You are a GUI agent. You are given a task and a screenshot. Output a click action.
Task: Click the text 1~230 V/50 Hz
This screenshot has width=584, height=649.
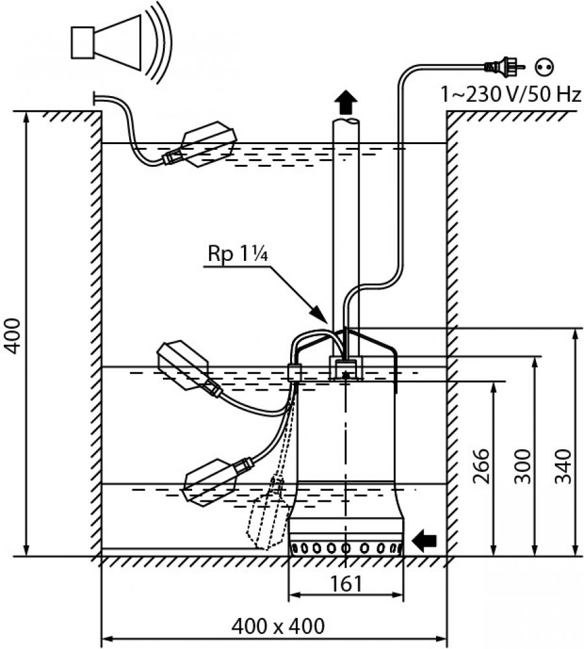511,95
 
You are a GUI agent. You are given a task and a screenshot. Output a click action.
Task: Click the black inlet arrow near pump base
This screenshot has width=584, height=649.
425,539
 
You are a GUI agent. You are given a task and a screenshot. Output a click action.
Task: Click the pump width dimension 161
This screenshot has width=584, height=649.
346,583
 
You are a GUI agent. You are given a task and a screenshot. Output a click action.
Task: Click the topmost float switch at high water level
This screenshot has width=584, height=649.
206,144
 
